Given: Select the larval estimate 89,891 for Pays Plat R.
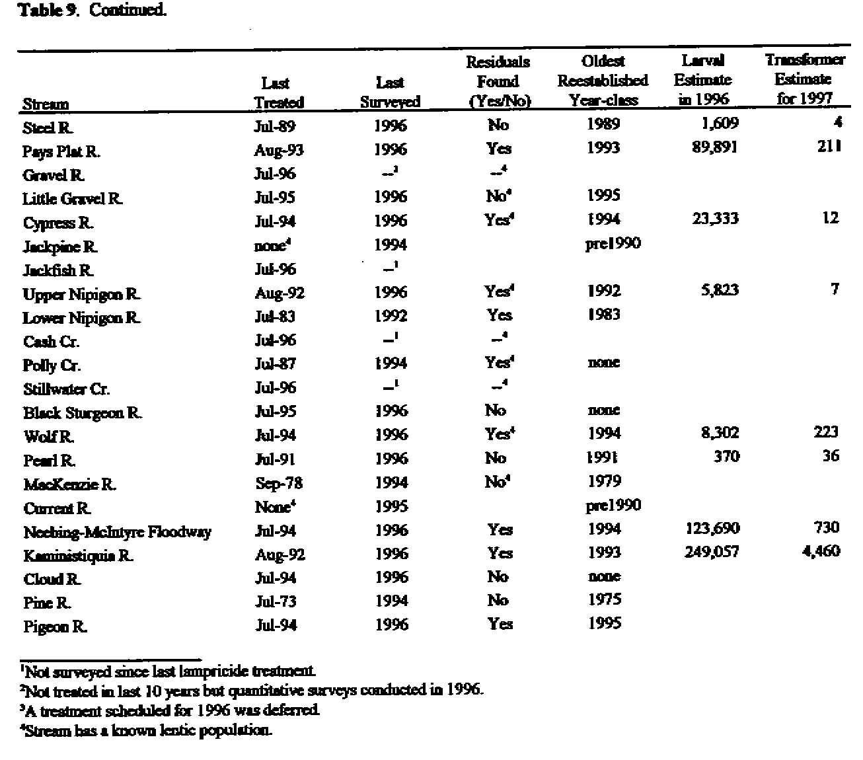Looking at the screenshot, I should (x=715, y=147).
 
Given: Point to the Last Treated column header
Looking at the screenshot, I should (x=279, y=93).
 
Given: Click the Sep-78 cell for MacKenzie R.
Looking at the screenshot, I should (x=278, y=483).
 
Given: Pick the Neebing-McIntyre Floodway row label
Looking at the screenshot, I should (x=117, y=532).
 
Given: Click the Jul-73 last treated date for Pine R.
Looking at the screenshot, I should (x=276, y=601).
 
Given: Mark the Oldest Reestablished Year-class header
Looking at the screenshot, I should (x=603, y=81).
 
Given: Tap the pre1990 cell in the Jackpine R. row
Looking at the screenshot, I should (x=613, y=244).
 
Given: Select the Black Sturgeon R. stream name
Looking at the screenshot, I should (x=83, y=413).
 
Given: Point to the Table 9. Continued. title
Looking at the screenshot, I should (x=92, y=11).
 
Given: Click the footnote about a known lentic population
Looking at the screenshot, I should (x=146, y=730).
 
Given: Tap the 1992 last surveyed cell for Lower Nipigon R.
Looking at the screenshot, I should (x=391, y=316).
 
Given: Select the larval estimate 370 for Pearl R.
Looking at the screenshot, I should (x=726, y=457).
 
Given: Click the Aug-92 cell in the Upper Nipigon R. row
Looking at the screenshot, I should (x=279, y=293).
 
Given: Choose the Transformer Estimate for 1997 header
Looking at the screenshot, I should (x=804, y=79).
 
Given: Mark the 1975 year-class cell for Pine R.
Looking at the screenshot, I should (x=604, y=599).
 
